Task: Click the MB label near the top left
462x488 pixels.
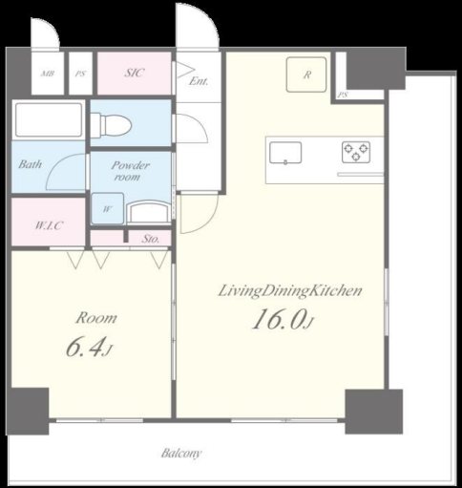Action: click(48, 74)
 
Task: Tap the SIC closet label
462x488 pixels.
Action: click(134, 73)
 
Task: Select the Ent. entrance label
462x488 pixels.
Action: click(199, 81)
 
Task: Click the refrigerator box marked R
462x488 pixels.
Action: click(306, 74)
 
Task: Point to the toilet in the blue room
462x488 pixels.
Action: click(111, 124)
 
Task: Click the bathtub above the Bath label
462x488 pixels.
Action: click(49, 119)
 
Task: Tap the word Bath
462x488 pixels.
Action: click(30, 164)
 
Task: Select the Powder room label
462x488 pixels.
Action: click(130, 171)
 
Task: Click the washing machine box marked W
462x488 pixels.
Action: click(107, 208)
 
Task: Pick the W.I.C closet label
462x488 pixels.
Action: click(49, 225)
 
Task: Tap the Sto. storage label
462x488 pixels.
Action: click(151, 239)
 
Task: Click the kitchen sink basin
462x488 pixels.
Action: click(285, 153)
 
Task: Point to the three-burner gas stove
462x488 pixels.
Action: click(356, 152)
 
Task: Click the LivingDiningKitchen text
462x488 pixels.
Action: click(290, 291)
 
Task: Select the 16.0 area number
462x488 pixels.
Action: click(280, 319)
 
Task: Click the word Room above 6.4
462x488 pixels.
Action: click(96, 318)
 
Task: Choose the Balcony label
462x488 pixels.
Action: click(181, 453)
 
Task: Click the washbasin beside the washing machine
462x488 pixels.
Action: click(149, 211)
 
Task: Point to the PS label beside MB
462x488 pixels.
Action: click(80, 74)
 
